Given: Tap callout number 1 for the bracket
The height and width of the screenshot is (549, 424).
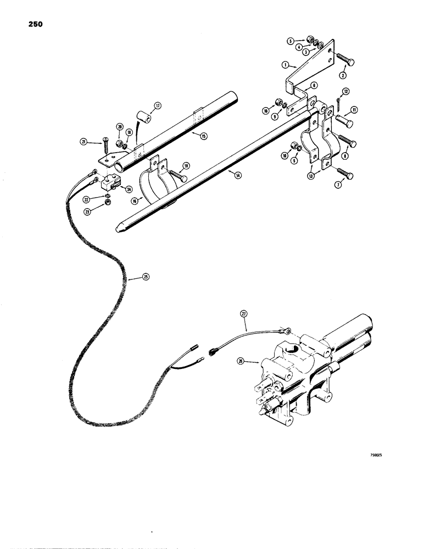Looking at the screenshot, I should tap(286, 65).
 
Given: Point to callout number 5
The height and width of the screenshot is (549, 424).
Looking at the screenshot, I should tap(289, 40).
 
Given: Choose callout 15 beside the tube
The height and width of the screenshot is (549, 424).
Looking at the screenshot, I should tap(203, 136).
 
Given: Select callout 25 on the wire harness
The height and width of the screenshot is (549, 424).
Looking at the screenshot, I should tap(146, 277).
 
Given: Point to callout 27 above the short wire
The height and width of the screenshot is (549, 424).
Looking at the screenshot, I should tap(244, 313).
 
